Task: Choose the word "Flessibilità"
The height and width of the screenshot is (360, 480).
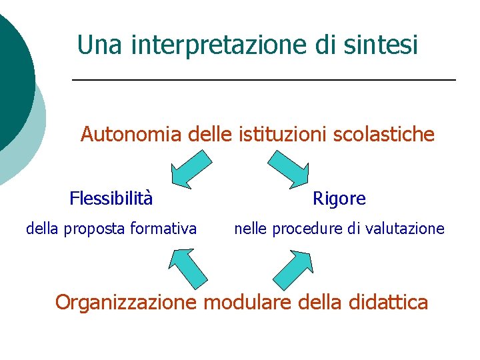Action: point(111,198)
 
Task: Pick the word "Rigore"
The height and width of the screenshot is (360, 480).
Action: point(339,199)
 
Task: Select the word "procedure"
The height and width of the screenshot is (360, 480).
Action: point(305,229)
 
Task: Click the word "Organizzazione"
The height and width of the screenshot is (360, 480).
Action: point(126,303)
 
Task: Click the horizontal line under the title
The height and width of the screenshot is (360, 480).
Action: point(263,80)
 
